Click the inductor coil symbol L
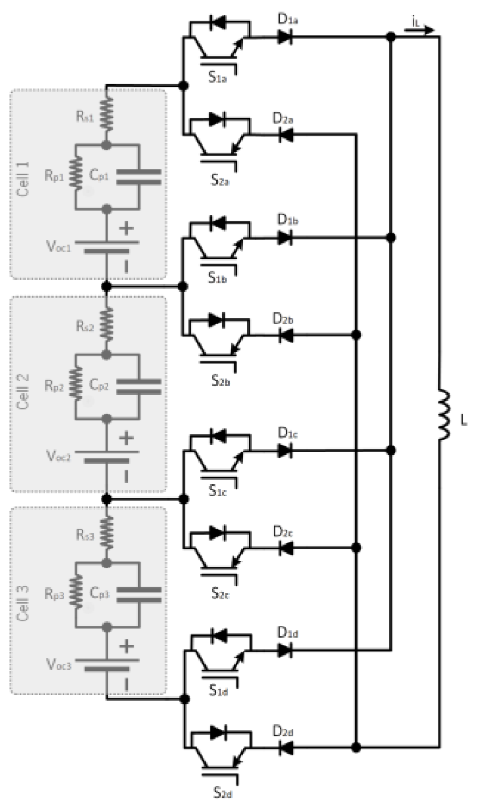point(444,414)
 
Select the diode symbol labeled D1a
point(285,37)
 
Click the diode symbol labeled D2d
point(285,748)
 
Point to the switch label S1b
point(218,277)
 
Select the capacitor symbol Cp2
point(140,386)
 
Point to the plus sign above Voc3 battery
point(126,646)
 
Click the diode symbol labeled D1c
point(285,450)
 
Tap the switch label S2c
point(220,593)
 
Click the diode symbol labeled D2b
point(285,335)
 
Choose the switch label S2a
point(220,180)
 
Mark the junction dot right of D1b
point(390,238)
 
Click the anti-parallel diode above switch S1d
point(219,635)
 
